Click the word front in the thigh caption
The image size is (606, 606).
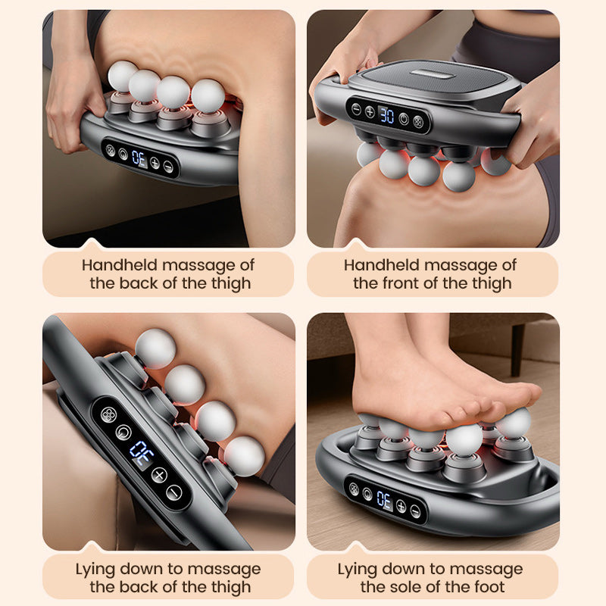coord(401,284)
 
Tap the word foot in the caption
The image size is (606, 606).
coord(489,587)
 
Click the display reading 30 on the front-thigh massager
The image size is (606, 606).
coord(386,116)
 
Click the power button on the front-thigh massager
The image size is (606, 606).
coord(404,118)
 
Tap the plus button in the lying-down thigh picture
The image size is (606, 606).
coord(158,475)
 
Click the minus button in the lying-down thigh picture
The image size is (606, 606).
coord(175,492)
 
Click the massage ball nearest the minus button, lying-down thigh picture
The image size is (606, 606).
coord(243,456)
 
